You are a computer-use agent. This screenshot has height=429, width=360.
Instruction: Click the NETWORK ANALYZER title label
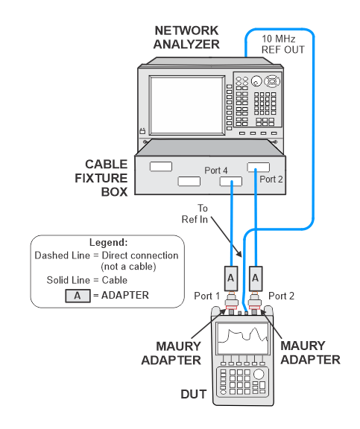[186, 37]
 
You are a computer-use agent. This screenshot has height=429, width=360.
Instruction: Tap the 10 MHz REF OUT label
[283, 45]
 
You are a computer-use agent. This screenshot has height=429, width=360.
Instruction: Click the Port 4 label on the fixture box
[216, 171]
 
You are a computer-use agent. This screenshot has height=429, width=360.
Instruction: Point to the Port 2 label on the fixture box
[271, 179]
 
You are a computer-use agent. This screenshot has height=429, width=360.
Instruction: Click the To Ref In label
[195, 214]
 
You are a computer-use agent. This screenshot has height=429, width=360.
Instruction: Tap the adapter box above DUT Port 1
[231, 279]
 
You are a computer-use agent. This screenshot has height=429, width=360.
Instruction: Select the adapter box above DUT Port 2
[256, 279]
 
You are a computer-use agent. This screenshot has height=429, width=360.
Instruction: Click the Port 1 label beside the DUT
[207, 296]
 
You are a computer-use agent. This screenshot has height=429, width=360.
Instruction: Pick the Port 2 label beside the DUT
[281, 296]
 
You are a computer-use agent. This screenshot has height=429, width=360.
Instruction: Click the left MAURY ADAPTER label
[171, 353]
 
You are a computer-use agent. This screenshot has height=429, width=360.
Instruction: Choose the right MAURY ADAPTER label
[310, 353]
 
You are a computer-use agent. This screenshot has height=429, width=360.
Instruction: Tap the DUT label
[194, 394]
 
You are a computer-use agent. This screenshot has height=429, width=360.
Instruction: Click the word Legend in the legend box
[108, 242]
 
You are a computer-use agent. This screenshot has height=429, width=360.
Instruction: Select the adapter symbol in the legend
[78, 296]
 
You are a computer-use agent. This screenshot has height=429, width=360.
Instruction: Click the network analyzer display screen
[187, 105]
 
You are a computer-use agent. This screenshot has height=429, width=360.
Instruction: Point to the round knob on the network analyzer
[256, 81]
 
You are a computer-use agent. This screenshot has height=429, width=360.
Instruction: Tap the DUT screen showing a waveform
[242, 338]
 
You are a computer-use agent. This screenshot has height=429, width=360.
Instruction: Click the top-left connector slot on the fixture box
[161, 166]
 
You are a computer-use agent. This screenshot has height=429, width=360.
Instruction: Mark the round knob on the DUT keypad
[259, 374]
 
